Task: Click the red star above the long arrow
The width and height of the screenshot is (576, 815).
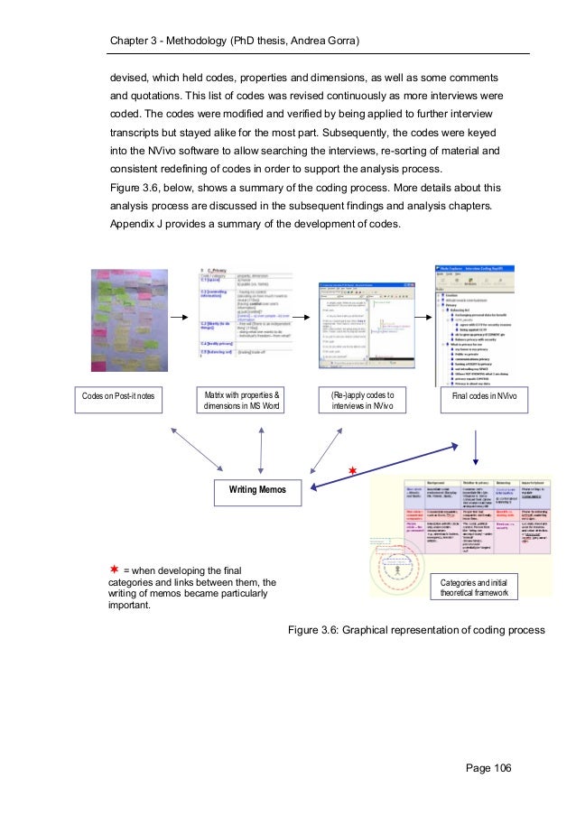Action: point(354,470)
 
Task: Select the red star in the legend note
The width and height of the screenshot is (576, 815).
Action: point(115,569)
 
